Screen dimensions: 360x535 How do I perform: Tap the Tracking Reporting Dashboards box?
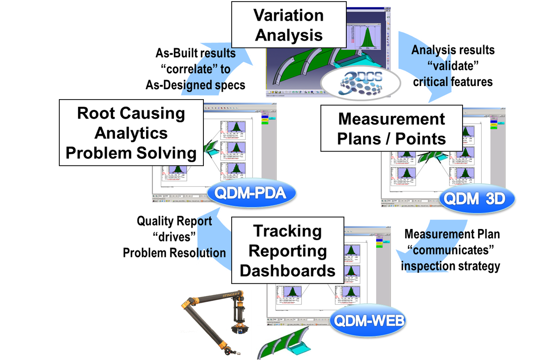(287, 250)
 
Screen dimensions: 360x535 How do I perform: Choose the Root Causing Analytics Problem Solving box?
(131, 133)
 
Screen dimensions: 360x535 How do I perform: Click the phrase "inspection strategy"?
(450, 266)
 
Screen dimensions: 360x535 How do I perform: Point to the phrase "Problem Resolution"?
(174, 253)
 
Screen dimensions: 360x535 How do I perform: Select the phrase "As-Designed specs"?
(195, 85)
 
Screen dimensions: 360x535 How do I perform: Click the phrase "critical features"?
(453, 82)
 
